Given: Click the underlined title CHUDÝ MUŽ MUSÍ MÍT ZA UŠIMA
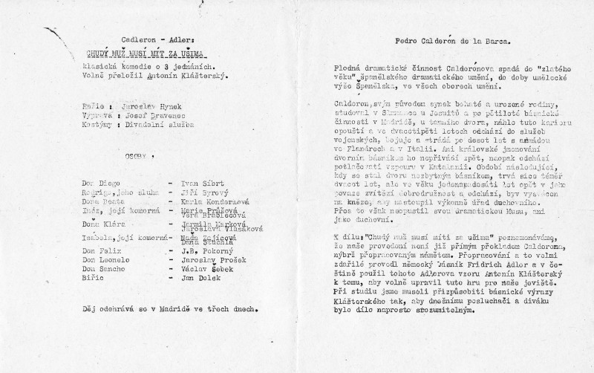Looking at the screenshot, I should [143, 53].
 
